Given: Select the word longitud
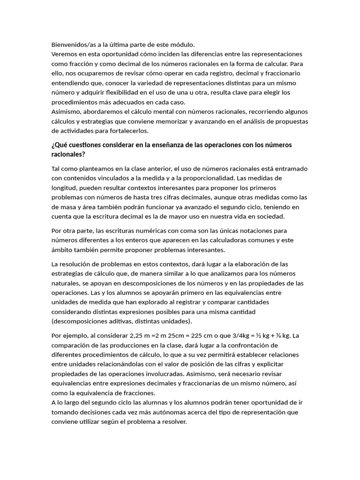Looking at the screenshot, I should point(63,187).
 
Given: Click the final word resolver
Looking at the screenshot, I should point(174,421).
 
